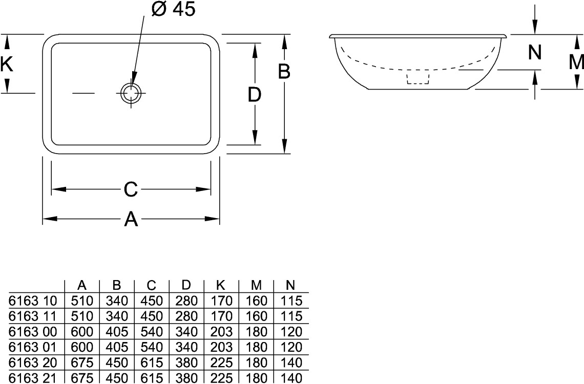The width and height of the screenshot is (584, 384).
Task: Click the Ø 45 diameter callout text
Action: click(x=173, y=9)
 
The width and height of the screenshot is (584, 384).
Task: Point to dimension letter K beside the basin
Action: click(x=6, y=63)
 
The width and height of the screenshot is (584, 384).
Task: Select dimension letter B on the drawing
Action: click(x=284, y=72)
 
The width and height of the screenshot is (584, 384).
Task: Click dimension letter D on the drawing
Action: click(x=255, y=95)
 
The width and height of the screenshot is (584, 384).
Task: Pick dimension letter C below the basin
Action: click(x=131, y=189)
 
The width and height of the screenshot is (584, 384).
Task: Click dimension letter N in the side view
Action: click(x=535, y=52)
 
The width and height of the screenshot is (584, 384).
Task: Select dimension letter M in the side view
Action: click(x=576, y=62)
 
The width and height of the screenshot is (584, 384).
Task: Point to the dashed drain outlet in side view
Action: click(x=418, y=78)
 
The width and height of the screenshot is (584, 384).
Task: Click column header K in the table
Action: click(x=220, y=285)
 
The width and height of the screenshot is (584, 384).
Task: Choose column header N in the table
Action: click(x=290, y=285)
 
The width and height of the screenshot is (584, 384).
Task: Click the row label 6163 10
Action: click(x=32, y=301)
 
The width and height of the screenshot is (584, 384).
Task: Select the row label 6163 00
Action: click(x=32, y=332)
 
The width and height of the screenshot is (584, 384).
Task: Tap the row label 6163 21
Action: click(x=32, y=378)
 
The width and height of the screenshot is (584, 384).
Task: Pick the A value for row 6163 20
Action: click(x=82, y=362)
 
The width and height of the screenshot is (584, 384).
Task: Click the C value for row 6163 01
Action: click(x=152, y=347)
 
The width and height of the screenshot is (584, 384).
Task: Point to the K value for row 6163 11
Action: click(x=221, y=316)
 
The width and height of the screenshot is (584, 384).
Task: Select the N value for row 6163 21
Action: click(x=291, y=378)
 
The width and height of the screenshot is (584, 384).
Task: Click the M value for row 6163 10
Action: click(x=256, y=301)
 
